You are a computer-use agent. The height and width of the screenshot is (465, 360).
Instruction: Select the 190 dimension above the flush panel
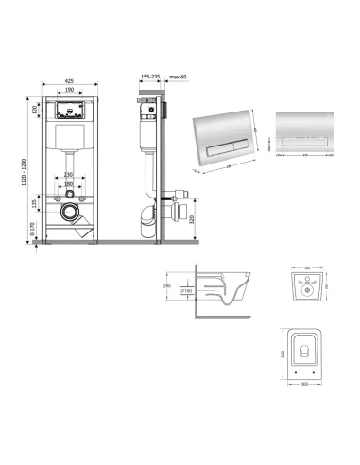click(x=71, y=90)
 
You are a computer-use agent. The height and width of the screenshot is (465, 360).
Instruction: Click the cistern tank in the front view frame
click(x=71, y=142)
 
